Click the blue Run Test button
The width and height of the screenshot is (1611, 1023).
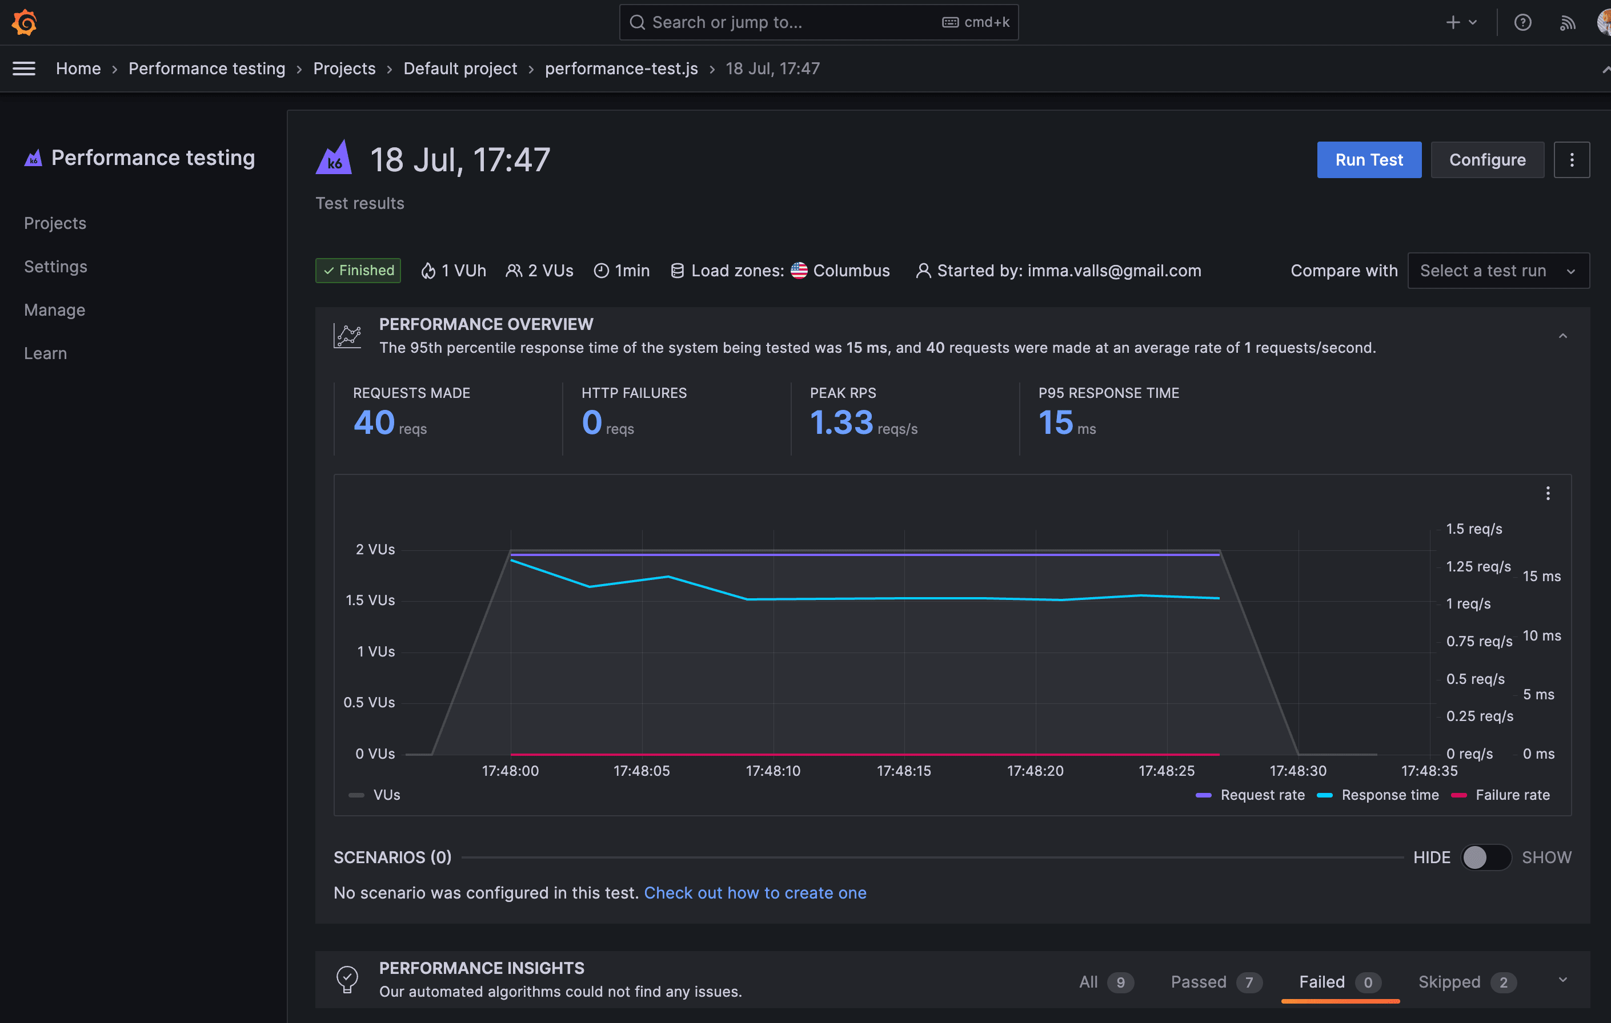coord(1368,160)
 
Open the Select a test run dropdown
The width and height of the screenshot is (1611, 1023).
coord(1497,271)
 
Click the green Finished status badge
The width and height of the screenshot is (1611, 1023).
coord(358,271)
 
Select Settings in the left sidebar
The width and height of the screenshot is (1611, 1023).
coord(55,267)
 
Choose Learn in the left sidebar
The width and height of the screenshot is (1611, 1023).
coord(46,354)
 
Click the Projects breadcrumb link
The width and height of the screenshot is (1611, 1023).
coord(344,69)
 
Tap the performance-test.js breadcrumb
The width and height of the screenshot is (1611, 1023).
coord(621,69)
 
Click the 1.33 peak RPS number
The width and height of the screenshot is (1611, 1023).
coord(841,422)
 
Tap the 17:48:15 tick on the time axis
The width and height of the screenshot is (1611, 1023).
coord(903,771)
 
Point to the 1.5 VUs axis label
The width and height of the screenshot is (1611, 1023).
coord(370,601)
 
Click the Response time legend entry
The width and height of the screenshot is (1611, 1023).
coord(1389,795)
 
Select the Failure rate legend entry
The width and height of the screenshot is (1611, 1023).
coord(1512,795)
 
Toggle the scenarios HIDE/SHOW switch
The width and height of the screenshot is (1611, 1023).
coord(1485,857)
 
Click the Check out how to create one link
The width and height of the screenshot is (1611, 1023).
coord(755,893)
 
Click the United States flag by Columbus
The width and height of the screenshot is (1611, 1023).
coord(799,271)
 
